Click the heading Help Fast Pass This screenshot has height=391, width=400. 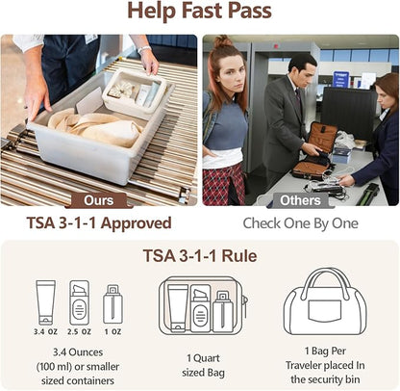(199, 11)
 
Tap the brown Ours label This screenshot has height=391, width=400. (99, 200)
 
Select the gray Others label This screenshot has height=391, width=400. (300, 200)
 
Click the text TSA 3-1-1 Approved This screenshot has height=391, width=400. (99, 223)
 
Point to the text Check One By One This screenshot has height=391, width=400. (300, 223)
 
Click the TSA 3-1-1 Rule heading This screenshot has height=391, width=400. (200, 256)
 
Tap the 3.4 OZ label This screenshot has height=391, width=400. (45, 331)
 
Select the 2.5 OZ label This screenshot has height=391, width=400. (79, 331)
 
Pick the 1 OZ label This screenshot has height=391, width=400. (112, 331)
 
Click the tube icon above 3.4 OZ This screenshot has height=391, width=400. (45, 302)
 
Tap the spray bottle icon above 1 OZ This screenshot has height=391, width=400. (112, 304)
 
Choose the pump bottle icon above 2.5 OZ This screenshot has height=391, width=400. (79, 302)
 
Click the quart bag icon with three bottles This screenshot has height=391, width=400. (203, 305)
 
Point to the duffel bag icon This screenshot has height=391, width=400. (325, 301)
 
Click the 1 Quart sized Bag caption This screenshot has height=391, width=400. (203, 365)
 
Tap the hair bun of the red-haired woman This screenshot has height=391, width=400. (223, 41)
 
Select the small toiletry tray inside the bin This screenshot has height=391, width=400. (136, 91)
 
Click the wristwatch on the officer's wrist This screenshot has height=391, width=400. (144, 49)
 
